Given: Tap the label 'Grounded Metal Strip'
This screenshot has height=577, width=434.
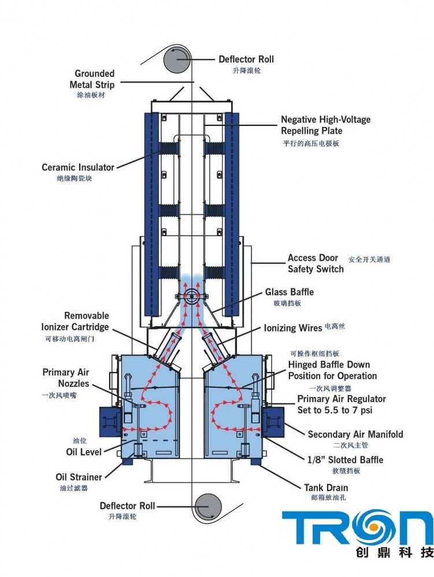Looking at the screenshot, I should click(x=94, y=79).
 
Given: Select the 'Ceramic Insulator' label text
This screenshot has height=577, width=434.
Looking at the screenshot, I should click(x=78, y=167).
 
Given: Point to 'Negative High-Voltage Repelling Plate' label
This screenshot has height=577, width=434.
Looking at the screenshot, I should click(x=325, y=125).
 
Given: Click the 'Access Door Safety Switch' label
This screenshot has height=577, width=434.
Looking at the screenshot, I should click(x=316, y=263).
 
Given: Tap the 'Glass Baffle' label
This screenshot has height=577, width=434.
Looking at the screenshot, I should click(x=290, y=292).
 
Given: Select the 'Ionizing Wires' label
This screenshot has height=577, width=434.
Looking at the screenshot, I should click(x=293, y=328).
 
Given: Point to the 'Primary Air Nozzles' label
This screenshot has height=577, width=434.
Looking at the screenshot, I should click(x=66, y=378).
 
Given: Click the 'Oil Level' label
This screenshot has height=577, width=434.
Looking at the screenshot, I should click(x=84, y=452).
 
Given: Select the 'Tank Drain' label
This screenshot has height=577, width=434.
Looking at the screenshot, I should click(x=326, y=487).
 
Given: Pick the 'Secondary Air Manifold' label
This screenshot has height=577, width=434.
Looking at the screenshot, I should click(x=355, y=434).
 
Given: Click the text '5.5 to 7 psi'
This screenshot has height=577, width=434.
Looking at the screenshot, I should click(x=354, y=410).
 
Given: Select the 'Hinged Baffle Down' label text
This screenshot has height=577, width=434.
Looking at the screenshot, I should click(x=329, y=364).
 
